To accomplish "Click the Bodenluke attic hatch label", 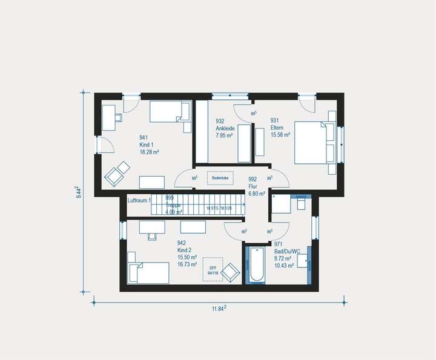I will (219, 178).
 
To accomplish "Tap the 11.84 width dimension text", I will (219, 309).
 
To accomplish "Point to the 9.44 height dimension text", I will (79, 192).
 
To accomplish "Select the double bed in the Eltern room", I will (314, 143).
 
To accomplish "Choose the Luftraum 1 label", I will (139, 199).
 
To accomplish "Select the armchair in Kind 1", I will (117, 172).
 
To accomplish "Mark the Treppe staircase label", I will (174, 205).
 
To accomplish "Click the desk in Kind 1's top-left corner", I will (110, 117).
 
